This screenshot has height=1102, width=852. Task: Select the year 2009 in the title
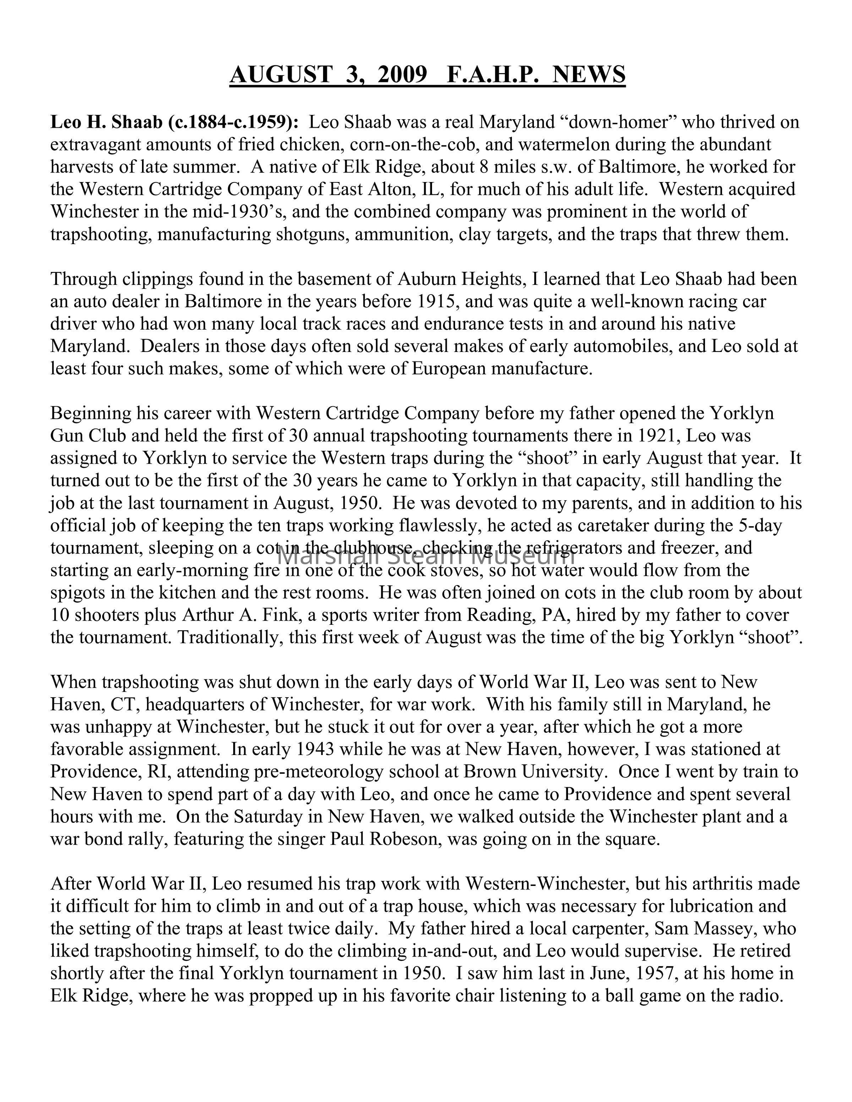click(x=402, y=75)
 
